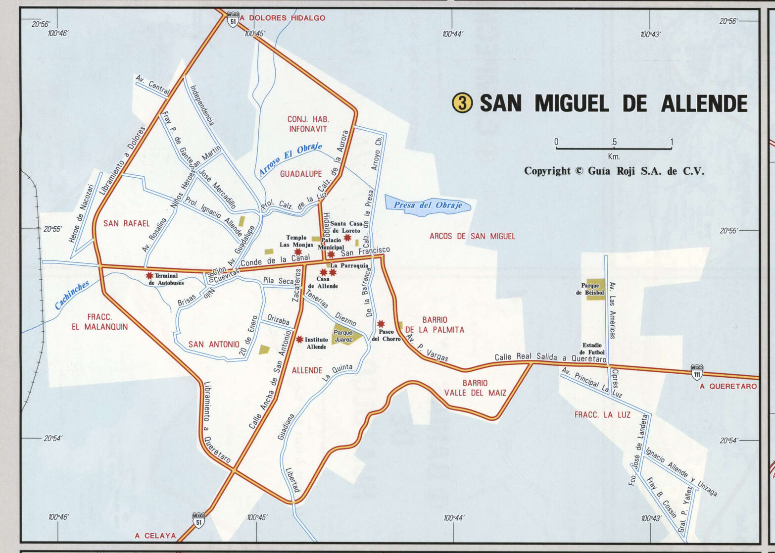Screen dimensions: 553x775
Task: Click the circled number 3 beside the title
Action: pos(462,103)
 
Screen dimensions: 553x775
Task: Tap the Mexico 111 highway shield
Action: pos(697,372)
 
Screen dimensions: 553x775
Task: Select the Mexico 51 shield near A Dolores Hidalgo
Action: pos(233,19)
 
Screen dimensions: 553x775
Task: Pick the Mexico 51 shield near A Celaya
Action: pos(198,520)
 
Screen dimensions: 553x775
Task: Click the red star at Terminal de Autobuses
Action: pos(149,275)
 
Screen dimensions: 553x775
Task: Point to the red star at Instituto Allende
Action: pos(299,339)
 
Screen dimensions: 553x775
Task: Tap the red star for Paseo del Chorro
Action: pos(381,324)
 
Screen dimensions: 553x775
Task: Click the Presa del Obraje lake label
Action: pos(428,205)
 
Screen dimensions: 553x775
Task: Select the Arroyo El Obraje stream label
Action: pos(291,159)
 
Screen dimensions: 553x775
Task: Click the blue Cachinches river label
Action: pos(72,295)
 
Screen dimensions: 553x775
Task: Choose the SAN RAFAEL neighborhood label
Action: pos(126,223)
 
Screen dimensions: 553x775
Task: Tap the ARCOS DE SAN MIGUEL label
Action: pos(472,236)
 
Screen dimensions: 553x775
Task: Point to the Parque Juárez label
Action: pos(343,336)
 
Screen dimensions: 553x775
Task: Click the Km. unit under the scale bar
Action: pos(614,156)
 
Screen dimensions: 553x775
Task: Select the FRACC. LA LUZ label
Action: pos(602,415)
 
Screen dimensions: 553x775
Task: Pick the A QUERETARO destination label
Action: pos(728,386)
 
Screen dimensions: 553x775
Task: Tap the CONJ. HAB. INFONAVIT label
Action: pos(308,124)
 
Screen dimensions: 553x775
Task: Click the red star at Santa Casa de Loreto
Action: pos(347,238)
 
